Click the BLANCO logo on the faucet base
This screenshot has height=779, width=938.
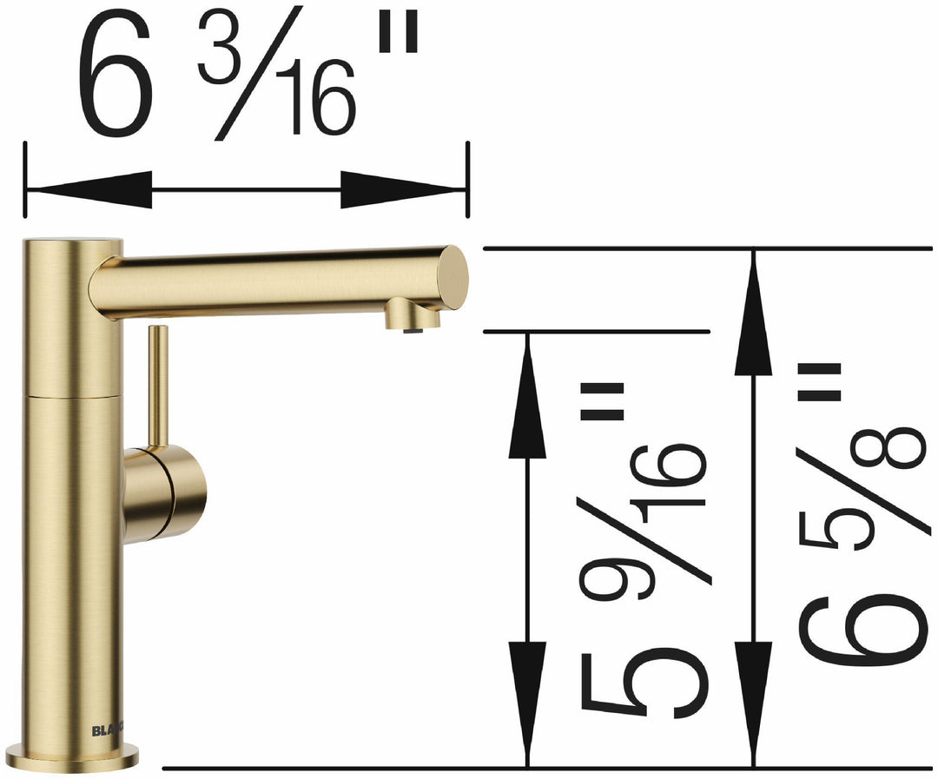(109, 730)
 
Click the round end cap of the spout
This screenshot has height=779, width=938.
(452, 277)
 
